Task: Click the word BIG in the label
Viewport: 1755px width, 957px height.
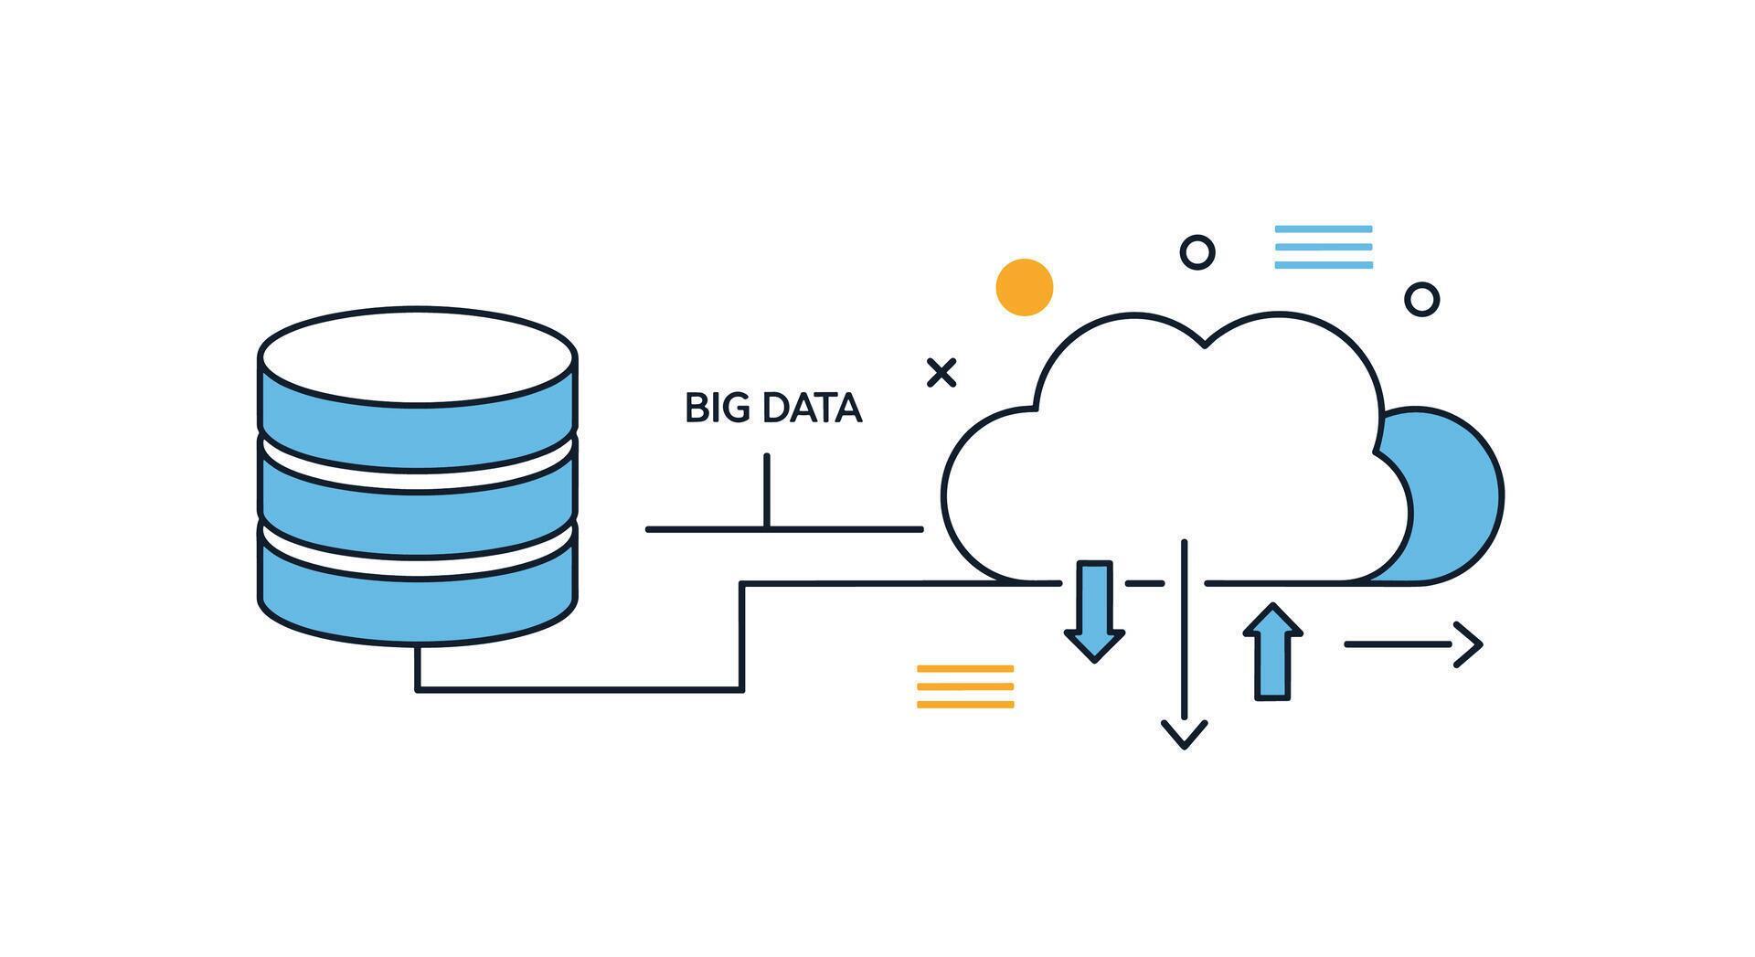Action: click(710, 409)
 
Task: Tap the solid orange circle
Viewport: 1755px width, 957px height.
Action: click(1024, 287)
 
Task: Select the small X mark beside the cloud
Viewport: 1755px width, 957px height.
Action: click(941, 373)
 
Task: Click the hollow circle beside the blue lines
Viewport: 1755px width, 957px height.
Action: click(1197, 251)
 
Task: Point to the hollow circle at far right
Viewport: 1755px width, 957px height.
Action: click(1421, 299)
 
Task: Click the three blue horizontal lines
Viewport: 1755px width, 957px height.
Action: click(1324, 247)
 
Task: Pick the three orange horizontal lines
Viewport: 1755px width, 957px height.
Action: click(965, 686)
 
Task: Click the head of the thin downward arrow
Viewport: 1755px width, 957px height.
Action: click(1185, 735)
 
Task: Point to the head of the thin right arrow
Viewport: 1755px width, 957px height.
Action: click(1470, 644)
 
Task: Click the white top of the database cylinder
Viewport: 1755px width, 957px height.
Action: click(417, 355)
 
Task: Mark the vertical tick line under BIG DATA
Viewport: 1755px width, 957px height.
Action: click(767, 491)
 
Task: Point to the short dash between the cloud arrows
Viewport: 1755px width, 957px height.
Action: click(1144, 582)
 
